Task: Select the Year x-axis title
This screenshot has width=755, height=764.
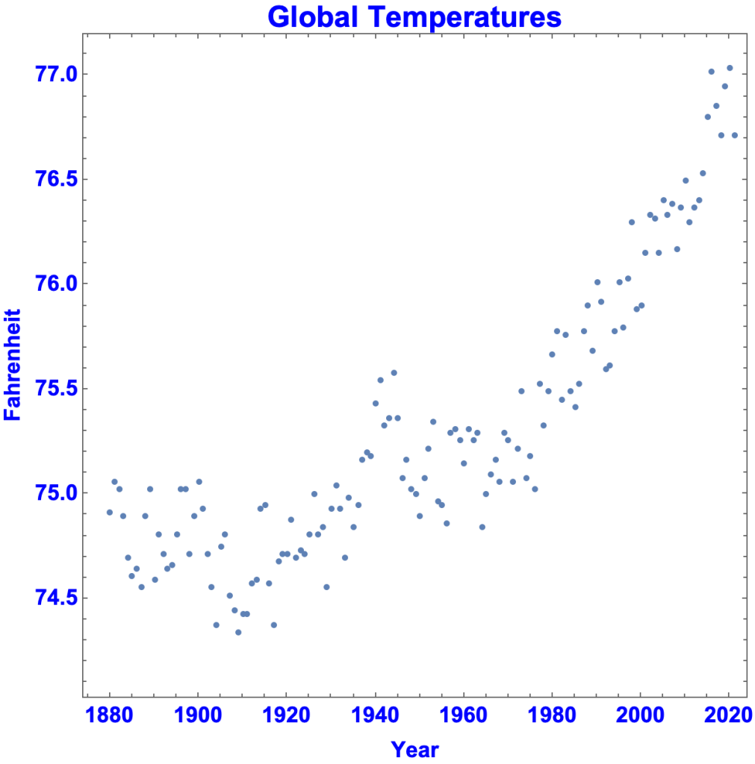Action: (x=415, y=749)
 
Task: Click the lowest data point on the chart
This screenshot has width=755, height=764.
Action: (x=238, y=632)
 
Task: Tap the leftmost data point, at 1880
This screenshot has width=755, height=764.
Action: (x=110, y=512)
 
